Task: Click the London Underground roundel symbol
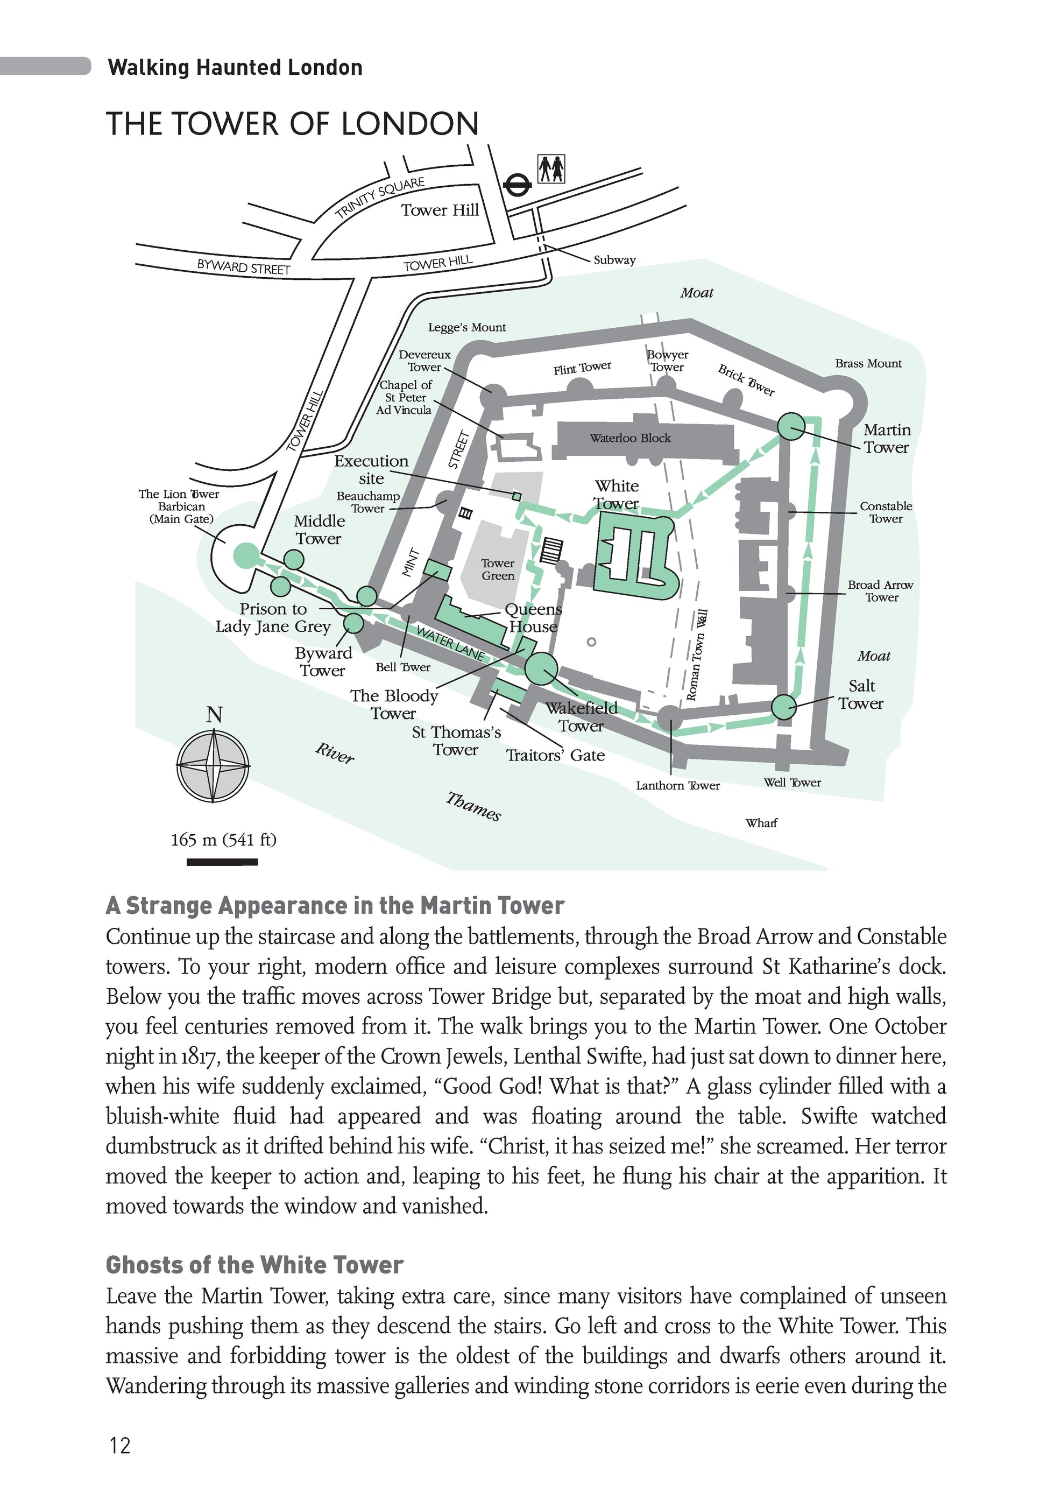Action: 517,185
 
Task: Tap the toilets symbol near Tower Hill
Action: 551,169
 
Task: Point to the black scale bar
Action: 222,862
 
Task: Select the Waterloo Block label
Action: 629,438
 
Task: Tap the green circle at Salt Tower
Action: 783,707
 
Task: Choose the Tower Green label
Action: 498,569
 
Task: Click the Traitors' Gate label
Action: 555,755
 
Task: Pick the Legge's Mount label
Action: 466,327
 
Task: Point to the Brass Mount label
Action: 868,364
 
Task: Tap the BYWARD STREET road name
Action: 243,266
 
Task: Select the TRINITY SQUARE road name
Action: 380,197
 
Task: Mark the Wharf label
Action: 761,823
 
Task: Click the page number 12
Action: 121,1445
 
